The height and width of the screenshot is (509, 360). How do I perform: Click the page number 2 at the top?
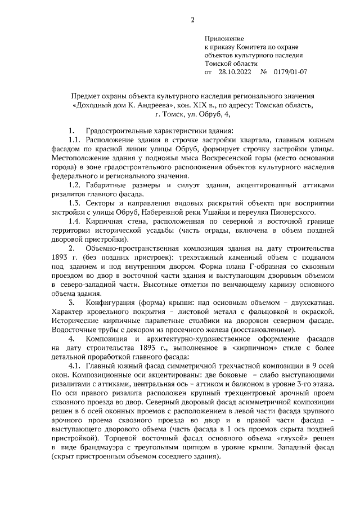tap(192, 21)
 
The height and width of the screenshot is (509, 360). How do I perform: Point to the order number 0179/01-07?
tap(289, 72)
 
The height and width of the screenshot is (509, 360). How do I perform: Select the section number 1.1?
tap(75, 139)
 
